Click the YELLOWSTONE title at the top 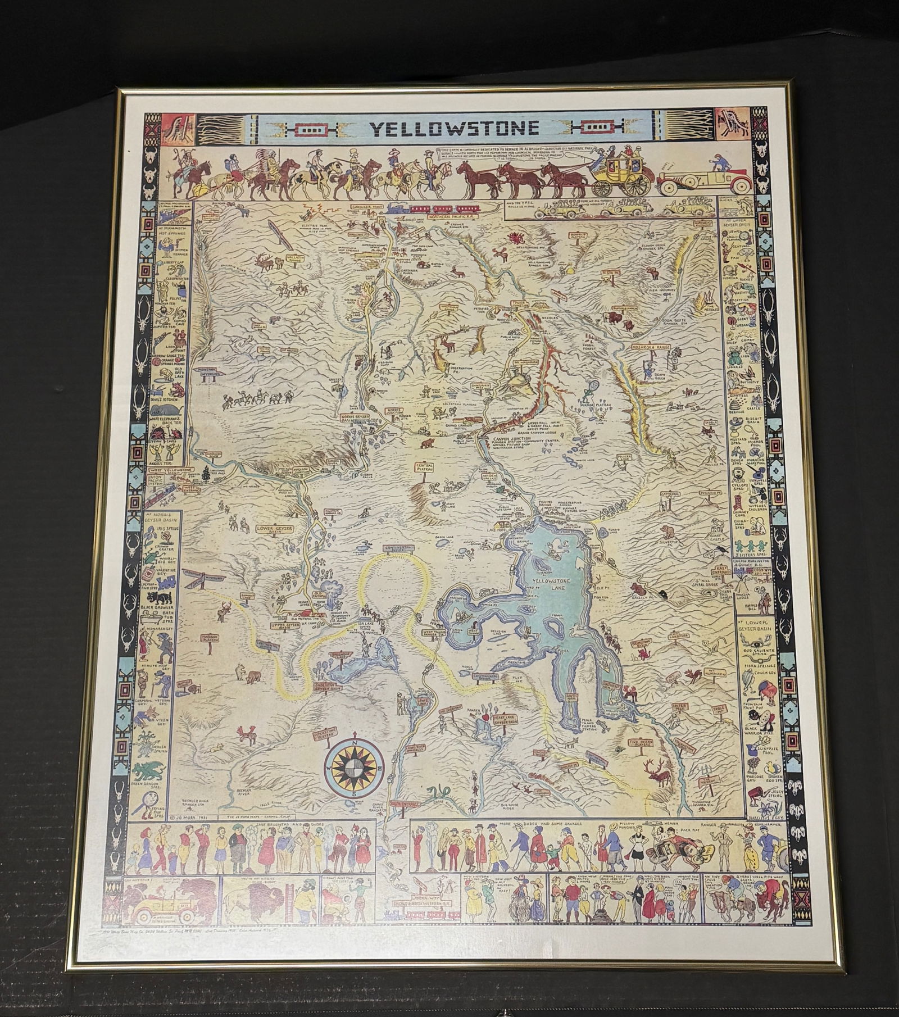coord(454,129)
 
